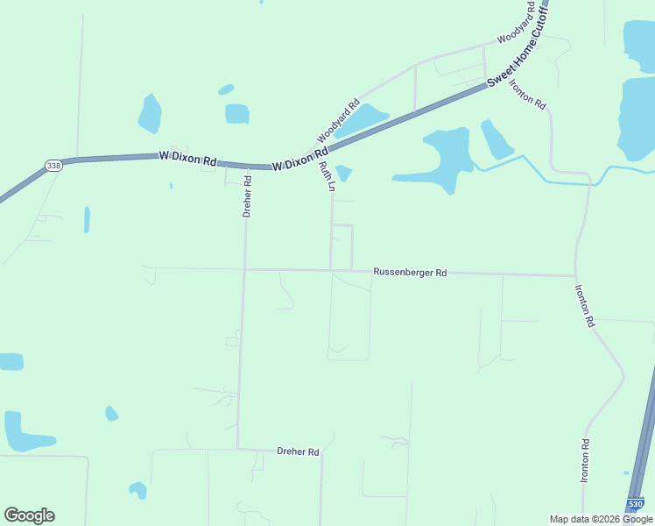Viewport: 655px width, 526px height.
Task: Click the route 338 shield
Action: coord(54,165)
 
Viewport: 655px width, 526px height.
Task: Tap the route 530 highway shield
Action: coord(637,503)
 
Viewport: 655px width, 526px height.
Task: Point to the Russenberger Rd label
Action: coord(410,273)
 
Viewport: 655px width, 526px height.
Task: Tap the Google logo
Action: coord(29,515)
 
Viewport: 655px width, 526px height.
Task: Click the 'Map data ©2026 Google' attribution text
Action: coord(601,519)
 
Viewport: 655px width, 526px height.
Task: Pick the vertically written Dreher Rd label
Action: coord(248,196)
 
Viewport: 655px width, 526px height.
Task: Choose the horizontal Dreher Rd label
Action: coord(298,451)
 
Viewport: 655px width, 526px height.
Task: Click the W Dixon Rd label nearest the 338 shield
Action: coord(187,159)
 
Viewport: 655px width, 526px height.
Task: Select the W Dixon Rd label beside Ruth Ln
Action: coord(299,164)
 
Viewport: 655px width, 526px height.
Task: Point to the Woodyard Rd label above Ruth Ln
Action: coord(338,120)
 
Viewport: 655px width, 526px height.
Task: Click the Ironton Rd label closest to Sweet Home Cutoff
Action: coord(528,93)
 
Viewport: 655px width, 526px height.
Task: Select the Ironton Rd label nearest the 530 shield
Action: coord(585,461)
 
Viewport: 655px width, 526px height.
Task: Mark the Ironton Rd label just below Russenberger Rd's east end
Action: coord(584,306)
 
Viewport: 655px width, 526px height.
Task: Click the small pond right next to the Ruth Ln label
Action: coord(343,173)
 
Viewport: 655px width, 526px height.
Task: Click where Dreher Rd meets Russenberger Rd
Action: coord(245,269)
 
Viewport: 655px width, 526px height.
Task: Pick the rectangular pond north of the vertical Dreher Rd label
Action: coord(237,113)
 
